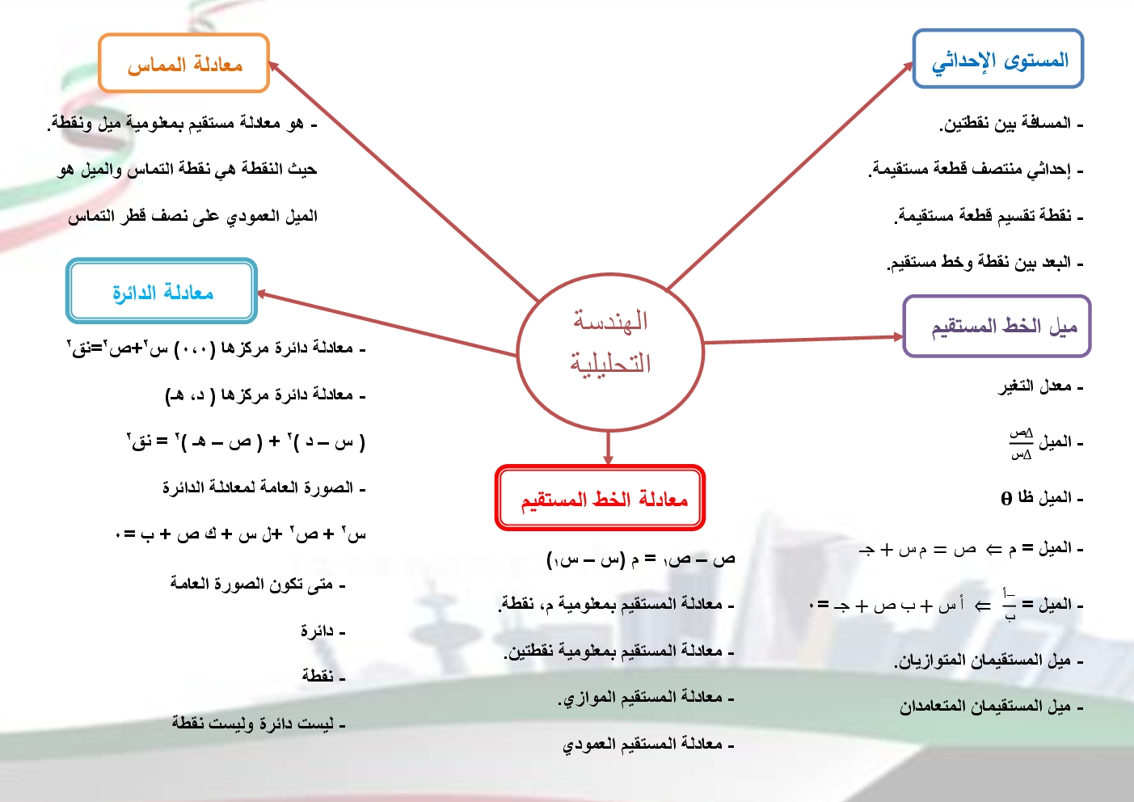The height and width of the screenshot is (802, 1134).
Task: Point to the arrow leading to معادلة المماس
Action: (x=403, y=181)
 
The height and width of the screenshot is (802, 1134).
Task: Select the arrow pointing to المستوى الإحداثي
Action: (x=790, y=176)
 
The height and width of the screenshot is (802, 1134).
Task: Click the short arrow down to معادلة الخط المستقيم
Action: (x=608, y=448)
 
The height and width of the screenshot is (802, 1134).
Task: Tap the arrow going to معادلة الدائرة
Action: (x=387, y=323)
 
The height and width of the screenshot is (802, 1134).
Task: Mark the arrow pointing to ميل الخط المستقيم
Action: (x=803, y=340)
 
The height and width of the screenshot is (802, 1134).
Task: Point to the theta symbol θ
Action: (x=1006, y=499)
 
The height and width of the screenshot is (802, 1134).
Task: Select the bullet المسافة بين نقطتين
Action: (x=1011, y=124)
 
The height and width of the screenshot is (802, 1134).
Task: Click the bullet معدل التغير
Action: (x=1040, y=386)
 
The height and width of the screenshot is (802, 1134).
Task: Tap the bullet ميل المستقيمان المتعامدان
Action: (x=991, y=707)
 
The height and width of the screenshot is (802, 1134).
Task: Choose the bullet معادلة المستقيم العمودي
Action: (x=648, y=745)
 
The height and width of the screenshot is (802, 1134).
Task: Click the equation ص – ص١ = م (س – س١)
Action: (x=641, y=559)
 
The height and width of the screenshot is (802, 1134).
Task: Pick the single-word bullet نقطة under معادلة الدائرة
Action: (x=323, y=675)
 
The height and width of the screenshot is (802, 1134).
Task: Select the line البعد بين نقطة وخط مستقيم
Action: (x=984, y=262)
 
